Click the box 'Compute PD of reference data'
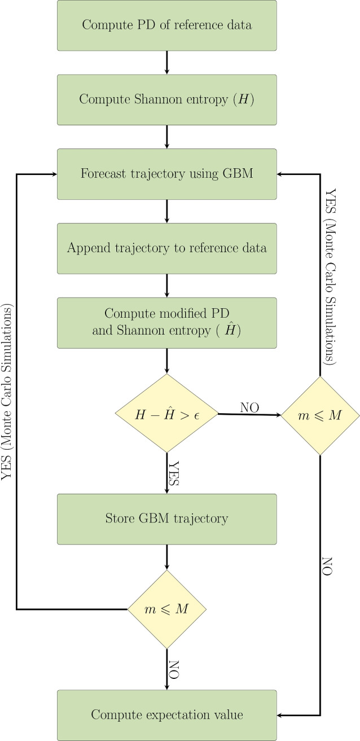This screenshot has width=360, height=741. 166,25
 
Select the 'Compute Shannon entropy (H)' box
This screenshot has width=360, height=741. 166,99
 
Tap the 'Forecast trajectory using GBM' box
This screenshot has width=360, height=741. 166,174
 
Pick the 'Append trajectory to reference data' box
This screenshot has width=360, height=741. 166,248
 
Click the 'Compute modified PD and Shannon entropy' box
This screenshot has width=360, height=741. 166,322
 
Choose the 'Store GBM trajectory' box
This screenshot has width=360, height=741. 166,519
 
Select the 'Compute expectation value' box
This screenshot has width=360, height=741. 166,715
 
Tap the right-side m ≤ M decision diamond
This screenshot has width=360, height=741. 320,415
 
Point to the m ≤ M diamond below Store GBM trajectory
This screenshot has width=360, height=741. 166,610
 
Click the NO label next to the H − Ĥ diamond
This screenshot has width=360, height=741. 250,407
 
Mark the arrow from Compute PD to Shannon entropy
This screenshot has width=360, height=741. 166,62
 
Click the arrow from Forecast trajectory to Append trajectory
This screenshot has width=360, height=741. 166,211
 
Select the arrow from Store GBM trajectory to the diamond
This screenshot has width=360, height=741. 166,556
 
